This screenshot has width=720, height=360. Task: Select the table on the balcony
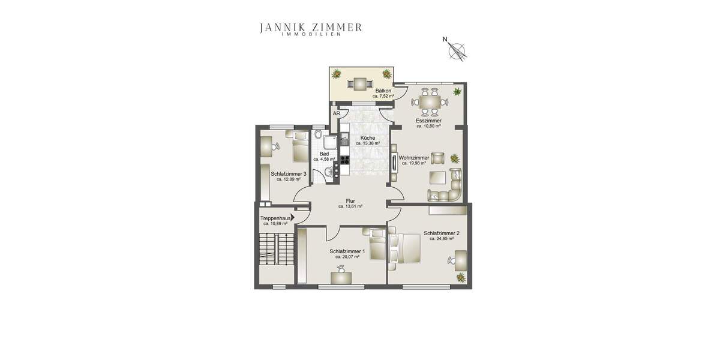(x=361, y=83)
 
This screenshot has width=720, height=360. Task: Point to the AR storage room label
(x=337, y=113)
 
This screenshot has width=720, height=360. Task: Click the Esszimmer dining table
(x=430, y=101)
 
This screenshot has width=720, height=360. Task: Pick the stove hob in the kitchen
(x=345, y=160)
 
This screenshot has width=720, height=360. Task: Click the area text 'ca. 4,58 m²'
(x=323, y=160)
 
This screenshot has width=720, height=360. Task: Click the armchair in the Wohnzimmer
(x=438, y=158)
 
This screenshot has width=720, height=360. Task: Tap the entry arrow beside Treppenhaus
(x=293, y=218)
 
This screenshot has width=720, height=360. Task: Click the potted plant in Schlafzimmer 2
(x=461, y=277)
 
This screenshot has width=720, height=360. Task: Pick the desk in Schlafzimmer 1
(x=341, y=277)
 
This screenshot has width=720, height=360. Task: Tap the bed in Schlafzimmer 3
(x=299, y=146)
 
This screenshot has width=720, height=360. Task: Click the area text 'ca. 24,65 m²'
(x=441, y=239)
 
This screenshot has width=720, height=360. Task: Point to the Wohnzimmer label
(x=414, y=158)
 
